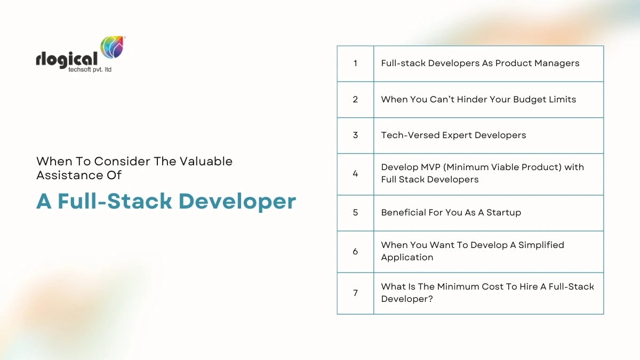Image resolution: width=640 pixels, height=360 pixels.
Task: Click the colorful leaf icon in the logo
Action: [113, 49]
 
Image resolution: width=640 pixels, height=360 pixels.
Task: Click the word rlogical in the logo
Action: [67, 59]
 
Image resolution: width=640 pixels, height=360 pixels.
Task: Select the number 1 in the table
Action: [355, 63]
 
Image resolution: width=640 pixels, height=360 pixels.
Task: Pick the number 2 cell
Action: [355, 100]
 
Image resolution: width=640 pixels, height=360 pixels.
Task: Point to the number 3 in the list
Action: [355, 135]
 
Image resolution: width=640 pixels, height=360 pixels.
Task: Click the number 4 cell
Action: [355, 174]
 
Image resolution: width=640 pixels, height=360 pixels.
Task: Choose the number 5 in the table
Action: [355, 213]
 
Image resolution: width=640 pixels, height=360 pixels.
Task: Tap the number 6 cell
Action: [355, 251]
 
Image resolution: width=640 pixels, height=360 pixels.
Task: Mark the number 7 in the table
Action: [355, 293]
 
